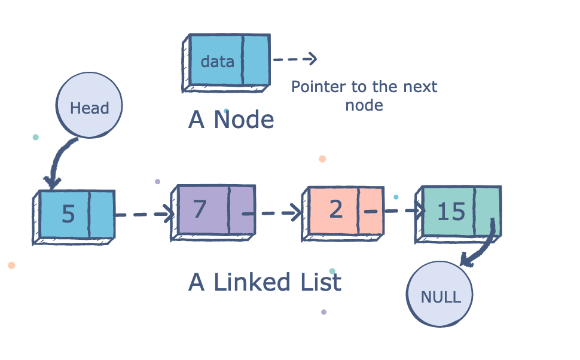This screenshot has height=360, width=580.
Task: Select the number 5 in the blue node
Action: (68, 214)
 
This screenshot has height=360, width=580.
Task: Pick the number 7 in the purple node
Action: (200, 209)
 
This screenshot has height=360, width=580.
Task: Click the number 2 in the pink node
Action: (335, 210)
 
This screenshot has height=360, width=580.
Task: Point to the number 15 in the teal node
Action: (451, 211)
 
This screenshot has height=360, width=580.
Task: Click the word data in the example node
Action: (217, 62)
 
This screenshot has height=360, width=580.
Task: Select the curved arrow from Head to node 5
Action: (58, 161)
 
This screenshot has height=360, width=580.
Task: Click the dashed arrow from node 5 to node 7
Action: (144, 213)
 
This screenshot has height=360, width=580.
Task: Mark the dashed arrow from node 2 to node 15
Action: (399, 210)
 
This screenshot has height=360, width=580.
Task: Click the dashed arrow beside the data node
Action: (294, 59)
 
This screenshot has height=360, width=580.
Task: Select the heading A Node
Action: (231, 120)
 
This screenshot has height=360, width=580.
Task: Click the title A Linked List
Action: (265, 282)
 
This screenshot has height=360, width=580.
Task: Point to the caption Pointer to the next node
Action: (364, 96)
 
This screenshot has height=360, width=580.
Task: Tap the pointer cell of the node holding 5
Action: (102, 214)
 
